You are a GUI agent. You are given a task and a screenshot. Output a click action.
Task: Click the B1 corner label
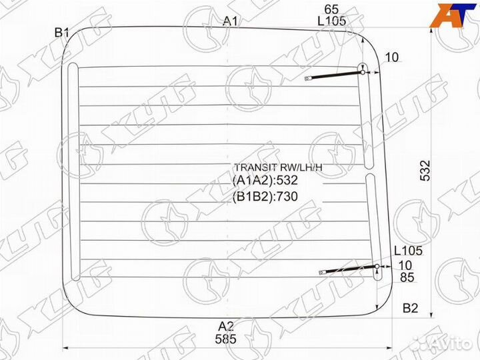(62, 31)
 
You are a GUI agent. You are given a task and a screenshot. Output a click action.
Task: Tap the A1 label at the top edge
(231, 21)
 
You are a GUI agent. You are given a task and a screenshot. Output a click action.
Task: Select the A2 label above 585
(227, 326)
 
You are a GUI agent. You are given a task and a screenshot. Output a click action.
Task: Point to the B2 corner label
(411, 308)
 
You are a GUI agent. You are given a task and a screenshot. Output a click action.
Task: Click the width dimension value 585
(227, 339)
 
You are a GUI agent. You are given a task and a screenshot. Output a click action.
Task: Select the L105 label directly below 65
(331, 21)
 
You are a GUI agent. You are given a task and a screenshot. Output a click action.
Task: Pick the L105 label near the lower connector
(407, 251)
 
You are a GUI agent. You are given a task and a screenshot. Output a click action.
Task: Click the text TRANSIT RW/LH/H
(277, 167)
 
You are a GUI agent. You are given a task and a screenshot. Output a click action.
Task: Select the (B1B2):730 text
(265, 196)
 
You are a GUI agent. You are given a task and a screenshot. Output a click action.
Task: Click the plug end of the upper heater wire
(309, 79)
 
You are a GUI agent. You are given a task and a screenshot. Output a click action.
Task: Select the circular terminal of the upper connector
(363, 67)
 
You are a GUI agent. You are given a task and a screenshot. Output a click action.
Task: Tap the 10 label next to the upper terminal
(391, 57)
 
